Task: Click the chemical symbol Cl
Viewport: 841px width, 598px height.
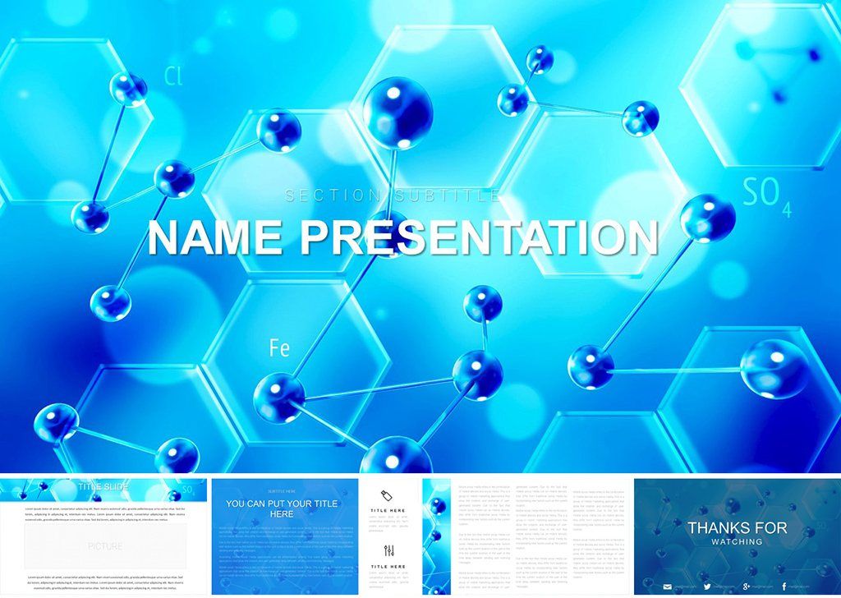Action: coord(172,76)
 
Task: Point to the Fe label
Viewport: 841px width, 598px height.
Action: coord(279,348)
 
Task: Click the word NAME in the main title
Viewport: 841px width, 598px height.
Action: coord(218,237)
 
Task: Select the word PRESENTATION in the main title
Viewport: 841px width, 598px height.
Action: coord(480,237)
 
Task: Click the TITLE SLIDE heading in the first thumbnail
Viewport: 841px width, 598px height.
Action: coord(103,487)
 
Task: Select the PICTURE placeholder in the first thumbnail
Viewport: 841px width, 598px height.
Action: coord(105,545)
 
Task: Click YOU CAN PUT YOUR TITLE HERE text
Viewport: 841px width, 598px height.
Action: coord(283,508)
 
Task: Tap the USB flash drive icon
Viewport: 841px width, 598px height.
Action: coord(387,494)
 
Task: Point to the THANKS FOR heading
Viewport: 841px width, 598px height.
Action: coord(737,527)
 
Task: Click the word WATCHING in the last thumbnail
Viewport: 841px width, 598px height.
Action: coord(737,541)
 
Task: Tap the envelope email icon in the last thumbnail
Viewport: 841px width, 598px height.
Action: coord(667,586)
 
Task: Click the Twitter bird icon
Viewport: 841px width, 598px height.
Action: coord(707,586)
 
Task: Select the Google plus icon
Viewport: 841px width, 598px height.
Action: coord(747,586)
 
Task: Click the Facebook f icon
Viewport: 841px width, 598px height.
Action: coord(785,586)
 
